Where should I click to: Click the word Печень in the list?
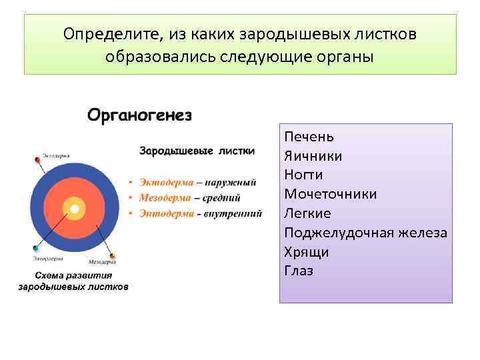point(309,137)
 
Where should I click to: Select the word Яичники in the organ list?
point(313,156)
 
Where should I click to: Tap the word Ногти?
point(303,175)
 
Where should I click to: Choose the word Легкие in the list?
point(307,213)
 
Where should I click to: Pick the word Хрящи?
point(306,252)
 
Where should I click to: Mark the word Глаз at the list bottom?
point(298,271)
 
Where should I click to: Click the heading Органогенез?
point(139,115)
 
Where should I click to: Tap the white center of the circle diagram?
point(75,209)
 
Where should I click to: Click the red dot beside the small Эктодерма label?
point(37,160)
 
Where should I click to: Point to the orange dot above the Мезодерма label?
point(111,255)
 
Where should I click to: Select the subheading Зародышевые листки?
point(197,151)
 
